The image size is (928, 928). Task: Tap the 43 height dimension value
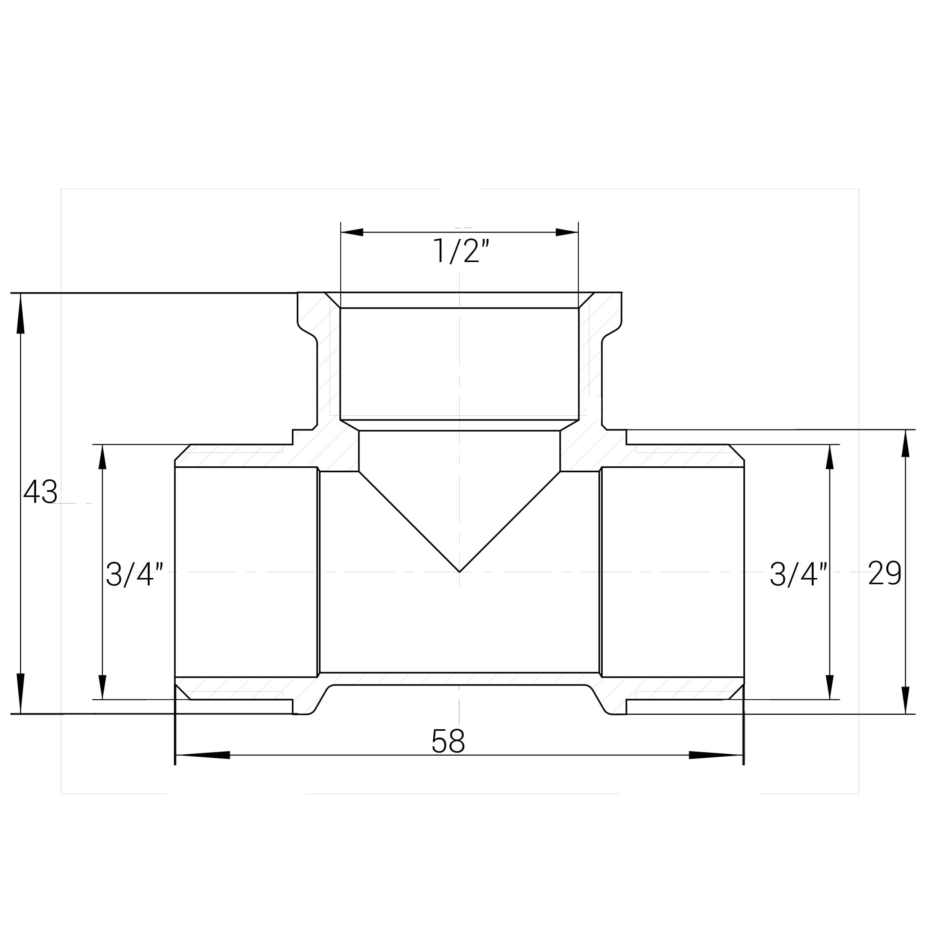(40, 492)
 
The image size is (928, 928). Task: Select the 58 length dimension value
(448, 741)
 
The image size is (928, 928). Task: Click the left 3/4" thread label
(134, 574)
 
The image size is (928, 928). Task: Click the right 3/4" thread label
(799, 574)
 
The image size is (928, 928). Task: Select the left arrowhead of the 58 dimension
(203, 755)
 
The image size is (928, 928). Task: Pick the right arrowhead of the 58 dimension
(716, 755)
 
